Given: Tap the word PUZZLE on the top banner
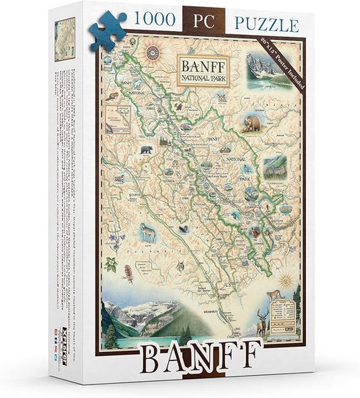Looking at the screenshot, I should (x=266, y=25).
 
